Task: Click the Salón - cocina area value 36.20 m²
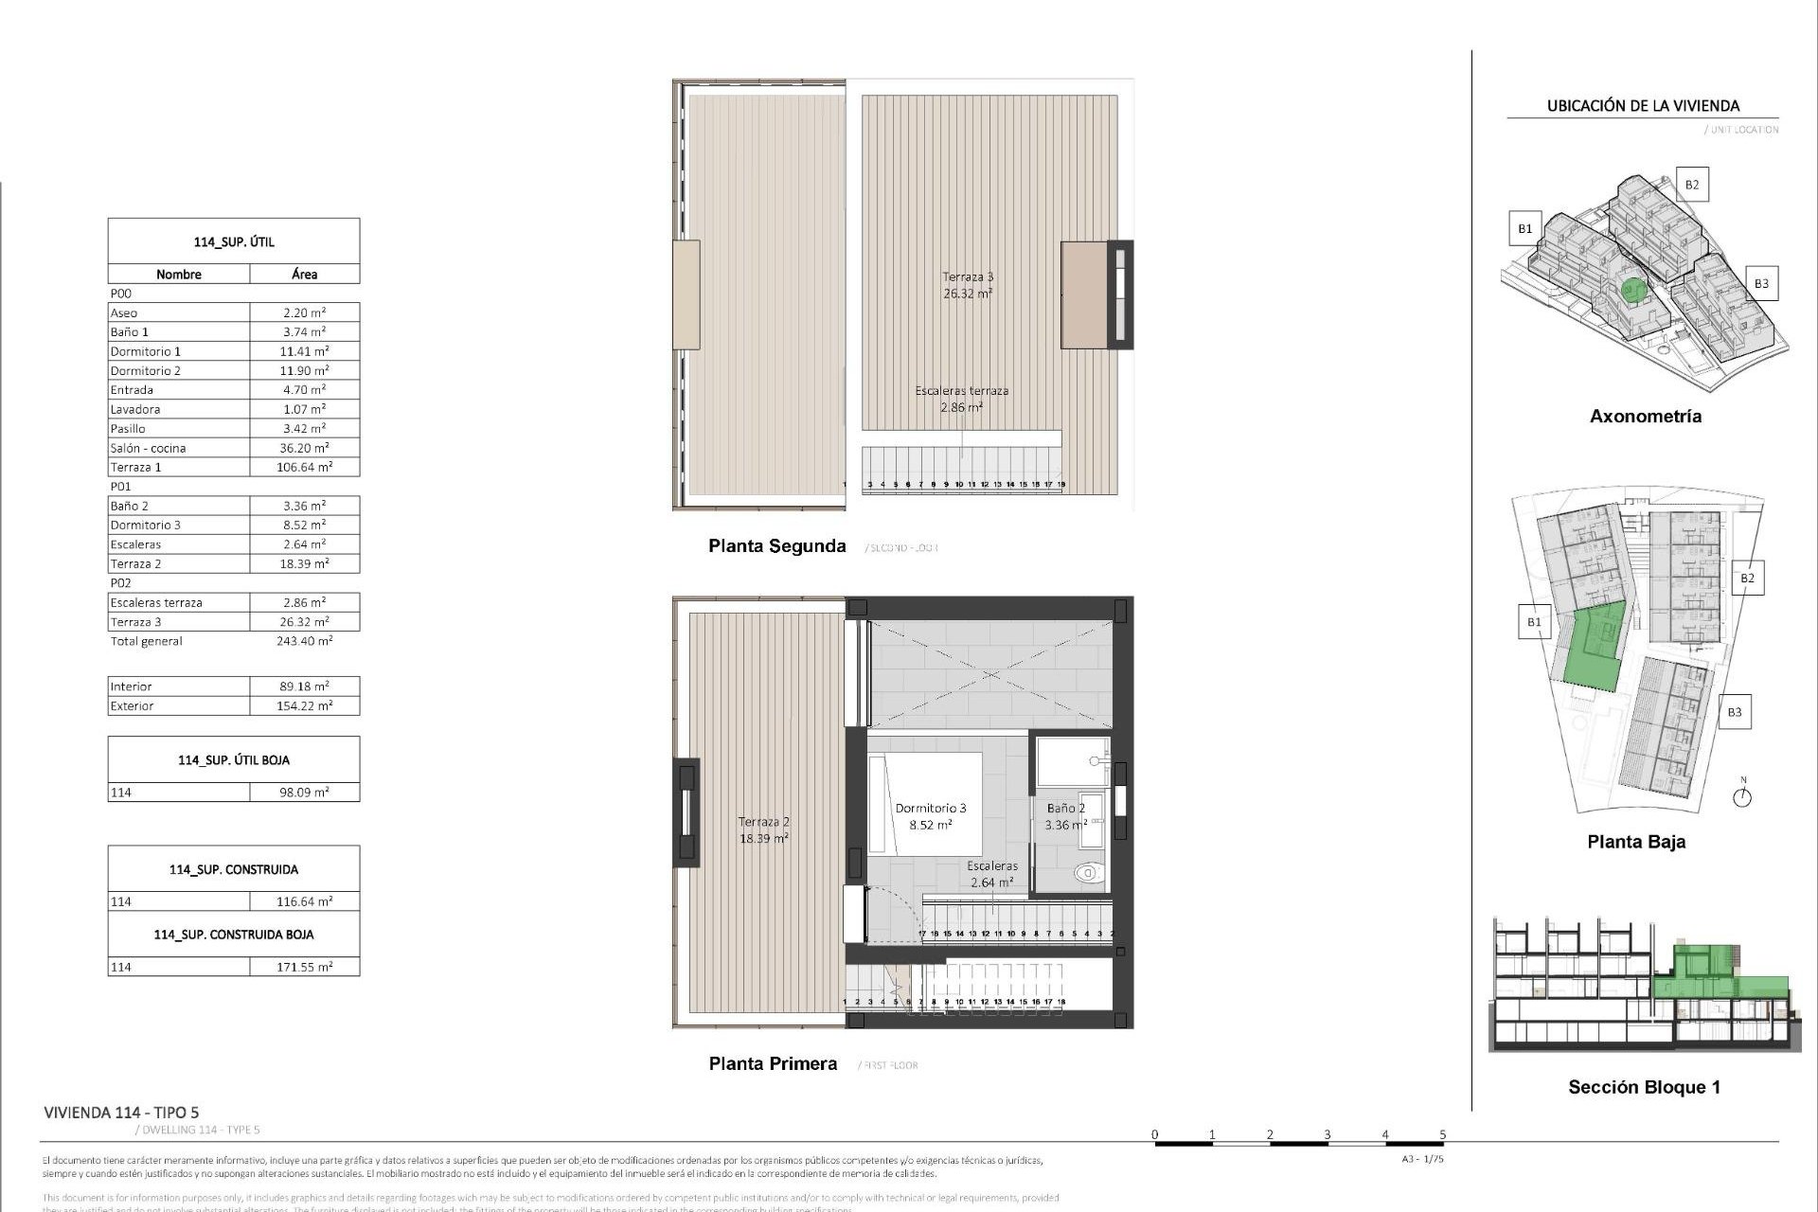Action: [304, 448]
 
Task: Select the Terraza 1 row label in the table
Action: [136, 467]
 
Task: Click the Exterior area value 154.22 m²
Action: [304, 705]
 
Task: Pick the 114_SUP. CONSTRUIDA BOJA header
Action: [234, 935]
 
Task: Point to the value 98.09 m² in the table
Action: [304, 793]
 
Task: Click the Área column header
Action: [304, 274]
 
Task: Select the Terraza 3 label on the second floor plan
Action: [968, 277]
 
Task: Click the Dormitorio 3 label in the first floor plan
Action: [931, 809]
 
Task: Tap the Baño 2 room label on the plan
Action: [1065, 809]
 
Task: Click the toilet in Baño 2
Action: [1090, 872]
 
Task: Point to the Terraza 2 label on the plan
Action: [763, 822]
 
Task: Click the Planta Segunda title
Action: [776, 545]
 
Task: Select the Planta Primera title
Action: [773, 1063]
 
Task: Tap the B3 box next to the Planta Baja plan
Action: [1734, 712]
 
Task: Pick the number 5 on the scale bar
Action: [1443, 1134]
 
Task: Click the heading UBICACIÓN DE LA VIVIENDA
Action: [1643, 106]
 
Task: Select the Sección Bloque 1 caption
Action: [1644, 1087]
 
